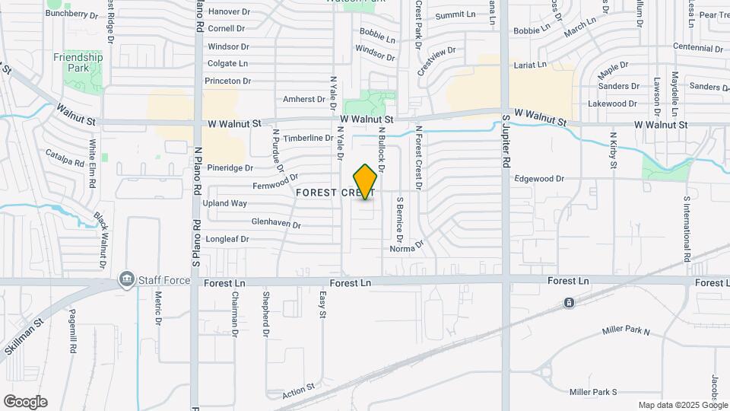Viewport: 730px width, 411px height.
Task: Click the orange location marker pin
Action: [x=366, y=181]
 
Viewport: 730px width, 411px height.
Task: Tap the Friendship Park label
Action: [x=78, y=62]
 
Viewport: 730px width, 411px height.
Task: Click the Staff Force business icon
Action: [x=126, y=280]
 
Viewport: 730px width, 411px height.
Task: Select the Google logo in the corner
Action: [x=25, y=402]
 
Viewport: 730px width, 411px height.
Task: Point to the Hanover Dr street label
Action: [x=229, y=11]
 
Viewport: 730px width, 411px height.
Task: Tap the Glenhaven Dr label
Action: [x=276, y=225]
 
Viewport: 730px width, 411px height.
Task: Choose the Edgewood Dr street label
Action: [x=538, y=179]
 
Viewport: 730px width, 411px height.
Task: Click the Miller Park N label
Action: [x=626, y=331]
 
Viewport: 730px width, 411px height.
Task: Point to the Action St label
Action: [x=298, y=390]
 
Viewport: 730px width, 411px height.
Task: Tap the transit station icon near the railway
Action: [x=569, y=303]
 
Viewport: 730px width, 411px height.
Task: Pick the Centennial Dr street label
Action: [x=691, y=47]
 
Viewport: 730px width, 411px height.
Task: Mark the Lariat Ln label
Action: [x=530, y=65]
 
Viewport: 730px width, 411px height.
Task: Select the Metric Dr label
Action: [x=159, y=308]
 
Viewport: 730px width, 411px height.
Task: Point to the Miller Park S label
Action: [x=594, y=392]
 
